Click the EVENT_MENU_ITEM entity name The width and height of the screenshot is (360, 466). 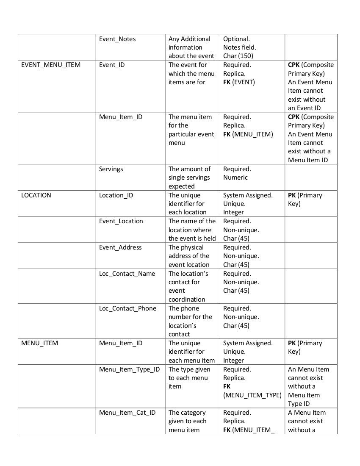pos(51,65)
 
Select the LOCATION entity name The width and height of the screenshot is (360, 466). pos(36,195)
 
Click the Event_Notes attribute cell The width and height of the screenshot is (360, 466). pos(117,39)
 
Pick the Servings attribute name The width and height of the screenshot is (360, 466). pos(111,169)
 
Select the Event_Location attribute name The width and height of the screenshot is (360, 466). pos(121,221)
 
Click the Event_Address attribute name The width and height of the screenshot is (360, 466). pos(120,247)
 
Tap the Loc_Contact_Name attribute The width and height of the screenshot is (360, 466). pos(127,274)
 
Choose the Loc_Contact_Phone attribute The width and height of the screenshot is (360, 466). pos(127,308)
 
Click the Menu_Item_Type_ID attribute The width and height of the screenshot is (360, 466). pos(129,369)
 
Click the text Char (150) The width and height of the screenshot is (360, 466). pos(238,56)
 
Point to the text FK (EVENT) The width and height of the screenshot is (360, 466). pos(239,82)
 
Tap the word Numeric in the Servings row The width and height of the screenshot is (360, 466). pos(235,178)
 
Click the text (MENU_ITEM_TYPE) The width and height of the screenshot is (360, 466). pos(252,395)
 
